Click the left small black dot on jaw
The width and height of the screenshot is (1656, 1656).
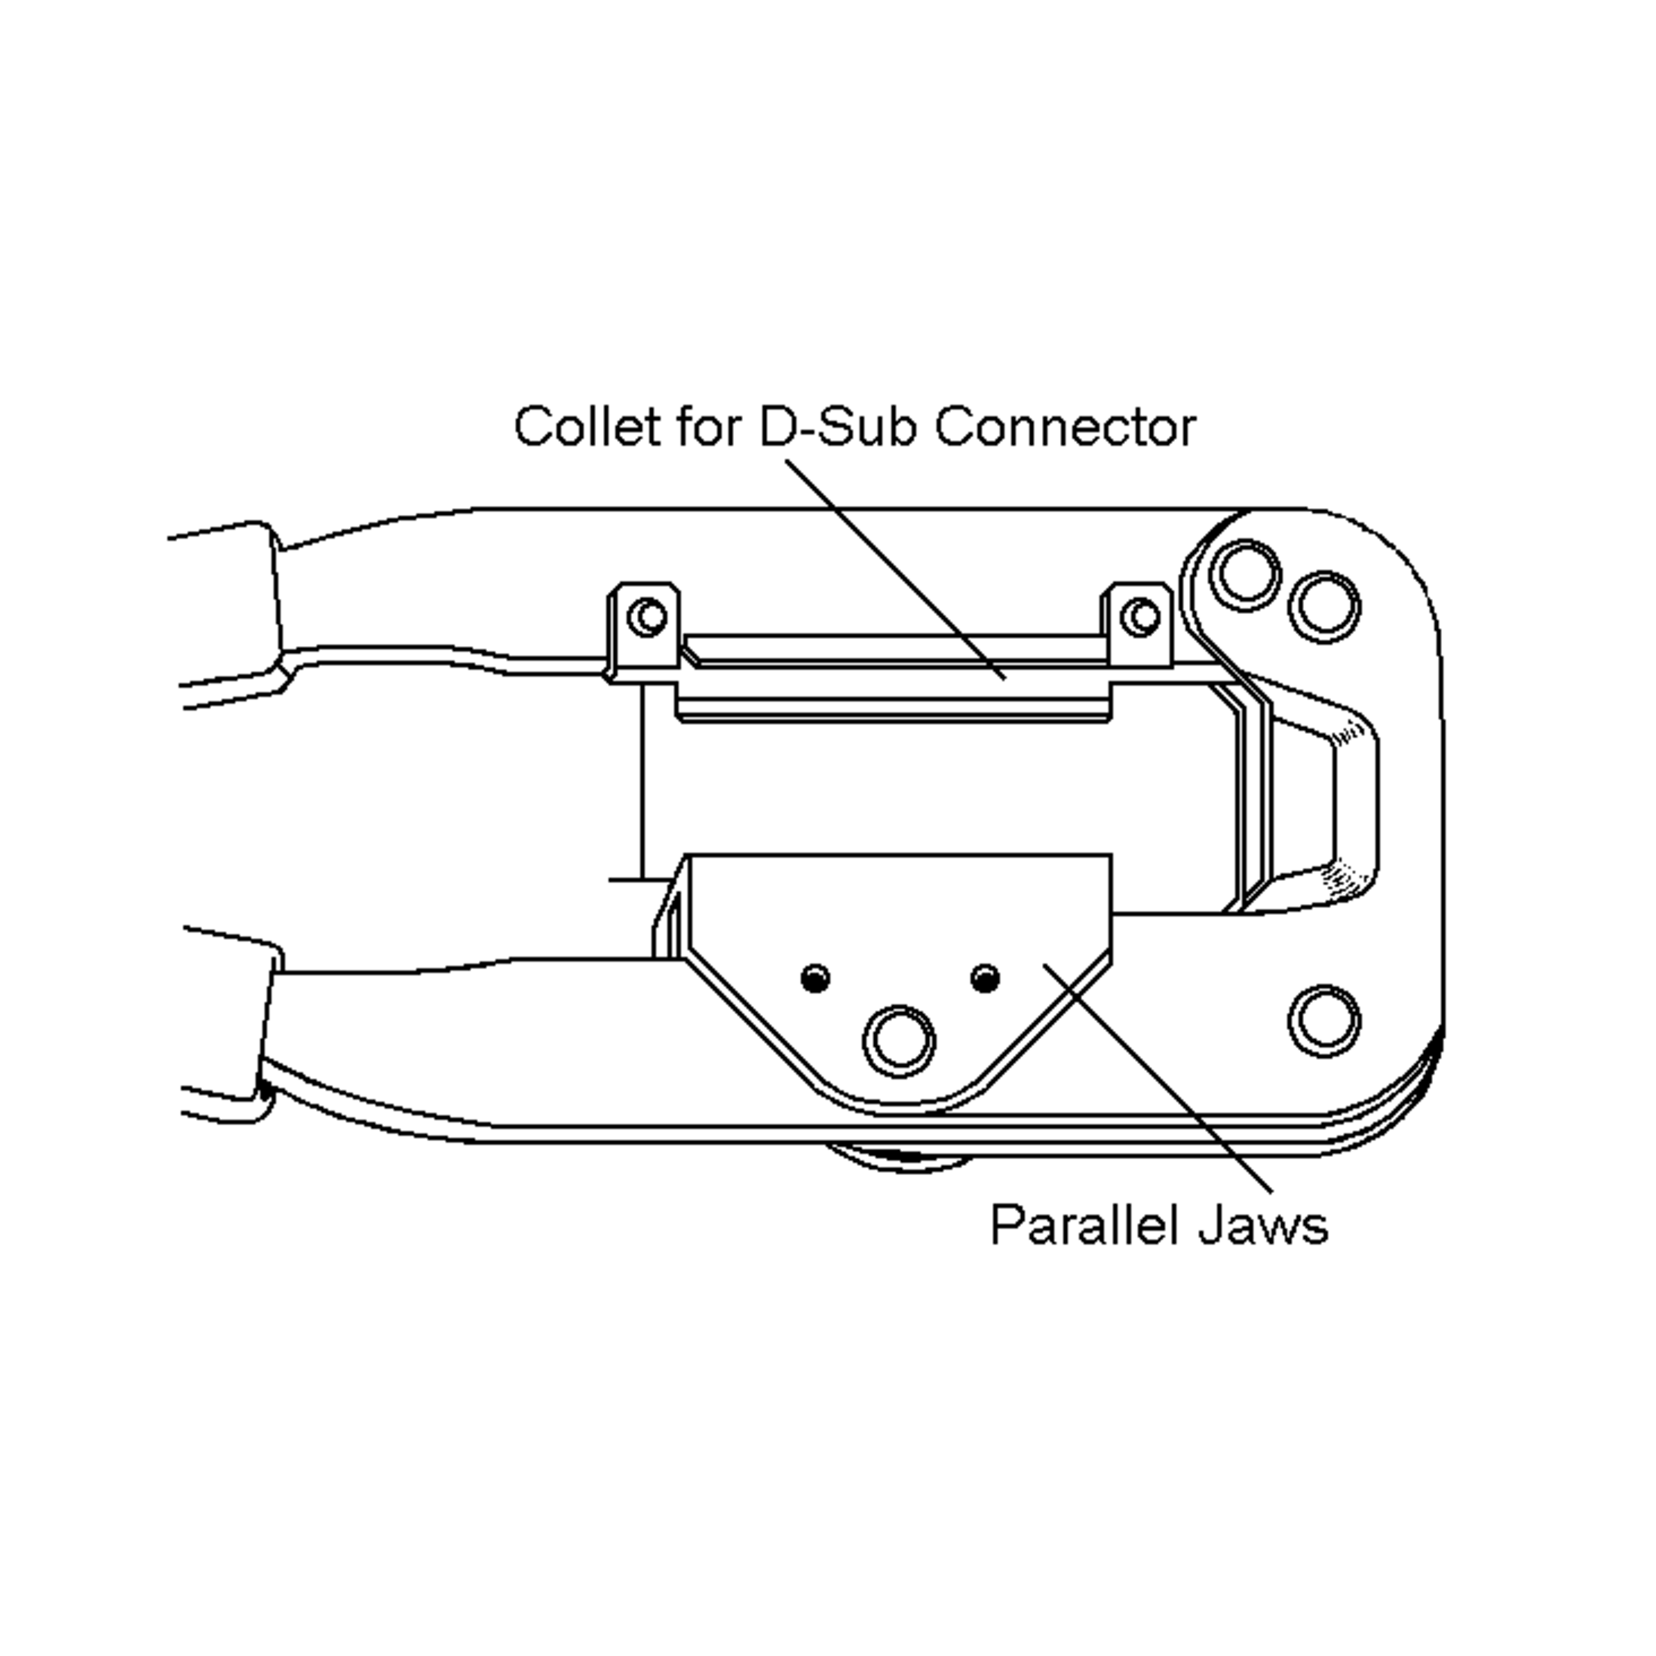coord(814,978)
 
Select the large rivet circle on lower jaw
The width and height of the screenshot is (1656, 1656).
coord(899,1041)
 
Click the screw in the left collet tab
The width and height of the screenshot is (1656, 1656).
coord(647,616)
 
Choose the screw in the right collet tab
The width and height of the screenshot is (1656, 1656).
coord(1140,616)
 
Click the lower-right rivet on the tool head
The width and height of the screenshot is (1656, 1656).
coord(1324,1022)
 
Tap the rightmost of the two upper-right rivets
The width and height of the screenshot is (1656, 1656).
coord(1324,606)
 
